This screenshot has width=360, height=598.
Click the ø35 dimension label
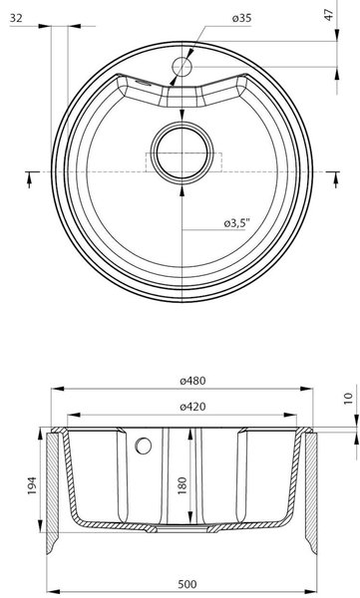(241, 18)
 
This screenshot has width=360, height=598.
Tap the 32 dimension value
(16, 18)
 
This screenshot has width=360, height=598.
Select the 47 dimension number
(329, 15)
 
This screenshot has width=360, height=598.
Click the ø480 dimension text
(192, 381)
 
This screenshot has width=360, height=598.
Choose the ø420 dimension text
(192, 407)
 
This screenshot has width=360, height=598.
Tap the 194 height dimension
(32, 485)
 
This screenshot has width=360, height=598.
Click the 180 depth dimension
(182, 485)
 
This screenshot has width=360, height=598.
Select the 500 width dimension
(187, 584)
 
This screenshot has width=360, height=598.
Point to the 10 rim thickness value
(349, 399)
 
